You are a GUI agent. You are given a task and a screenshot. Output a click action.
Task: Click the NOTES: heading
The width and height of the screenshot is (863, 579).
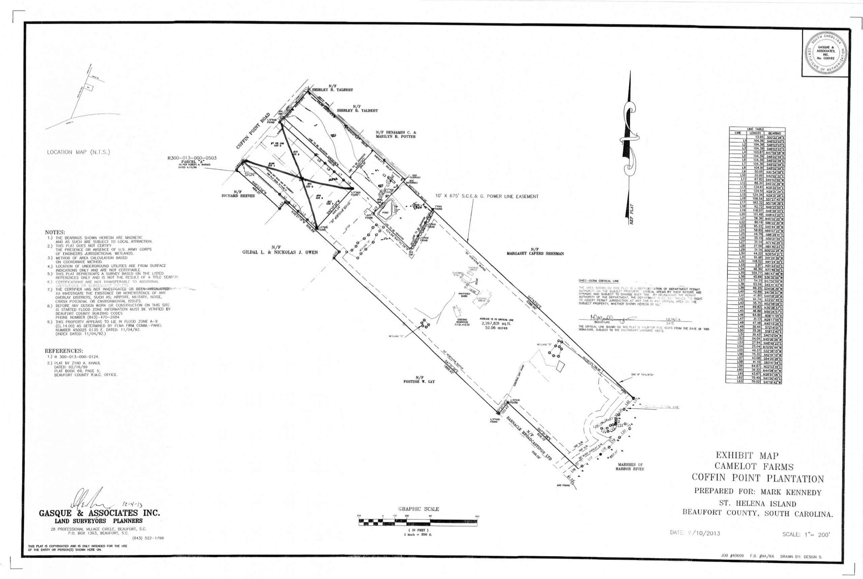[55, 232]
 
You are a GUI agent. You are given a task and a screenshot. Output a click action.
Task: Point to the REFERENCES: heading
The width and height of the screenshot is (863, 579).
[64, 351]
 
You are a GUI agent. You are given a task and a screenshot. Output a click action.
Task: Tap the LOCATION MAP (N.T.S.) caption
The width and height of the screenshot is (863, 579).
[78, 152]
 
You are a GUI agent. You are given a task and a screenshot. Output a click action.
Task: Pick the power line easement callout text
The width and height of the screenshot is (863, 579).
[487, 196]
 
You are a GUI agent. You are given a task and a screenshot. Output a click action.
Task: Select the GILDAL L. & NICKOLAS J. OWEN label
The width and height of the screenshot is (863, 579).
[280, 252]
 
